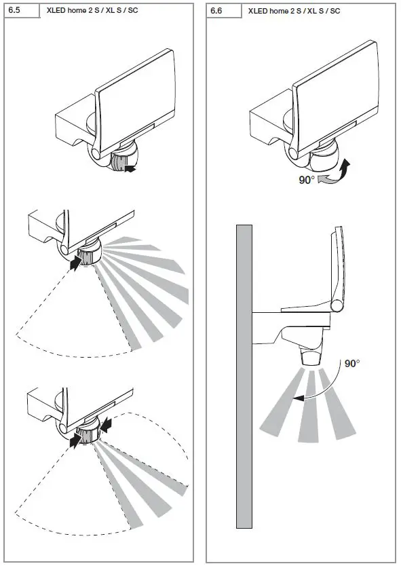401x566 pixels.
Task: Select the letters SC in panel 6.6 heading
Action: (x=334, y=12)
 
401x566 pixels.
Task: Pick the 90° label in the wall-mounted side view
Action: (x=351, y=364)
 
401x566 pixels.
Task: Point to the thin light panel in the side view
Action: (x=341, y=271)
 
